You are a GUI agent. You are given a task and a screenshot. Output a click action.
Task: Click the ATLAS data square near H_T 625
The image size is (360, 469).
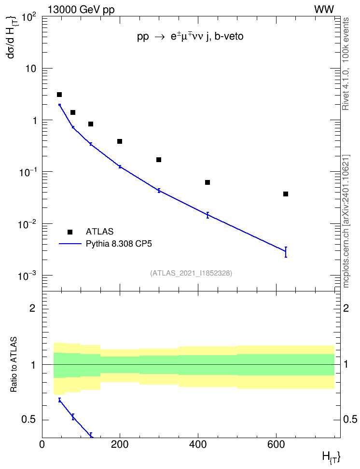(286, 194)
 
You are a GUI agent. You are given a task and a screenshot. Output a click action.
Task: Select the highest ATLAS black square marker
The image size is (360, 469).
(59, 95)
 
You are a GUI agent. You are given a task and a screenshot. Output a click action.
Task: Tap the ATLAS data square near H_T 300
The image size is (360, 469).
(159, 160)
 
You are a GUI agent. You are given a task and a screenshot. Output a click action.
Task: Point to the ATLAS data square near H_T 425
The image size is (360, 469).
(208, 182)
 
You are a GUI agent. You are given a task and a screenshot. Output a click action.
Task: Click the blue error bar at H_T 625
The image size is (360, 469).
(286, 252)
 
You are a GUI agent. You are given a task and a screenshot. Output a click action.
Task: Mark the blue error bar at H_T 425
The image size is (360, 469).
(208, 215)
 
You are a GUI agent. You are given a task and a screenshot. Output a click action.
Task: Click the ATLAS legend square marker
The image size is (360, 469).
(70, 232)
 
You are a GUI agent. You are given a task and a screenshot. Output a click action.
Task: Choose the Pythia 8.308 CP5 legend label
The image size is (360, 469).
(119, 244)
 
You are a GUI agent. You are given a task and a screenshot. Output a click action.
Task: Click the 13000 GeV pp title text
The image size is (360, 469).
(81, 10)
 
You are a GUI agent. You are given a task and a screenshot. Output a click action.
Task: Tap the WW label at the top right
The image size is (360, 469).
(324, 10)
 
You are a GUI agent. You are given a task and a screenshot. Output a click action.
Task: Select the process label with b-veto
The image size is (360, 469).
(190, 36)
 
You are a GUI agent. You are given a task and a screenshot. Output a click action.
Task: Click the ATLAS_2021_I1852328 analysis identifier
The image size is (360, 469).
(191, 273)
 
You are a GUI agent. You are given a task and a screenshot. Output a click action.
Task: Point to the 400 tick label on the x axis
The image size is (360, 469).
(198, 444)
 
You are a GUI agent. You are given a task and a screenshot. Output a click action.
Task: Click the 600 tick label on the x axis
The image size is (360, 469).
(276, 444)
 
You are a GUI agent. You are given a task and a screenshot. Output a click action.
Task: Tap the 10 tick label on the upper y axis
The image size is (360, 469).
(30, 69)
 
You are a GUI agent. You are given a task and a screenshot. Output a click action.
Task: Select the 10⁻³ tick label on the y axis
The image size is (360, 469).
(27, 275)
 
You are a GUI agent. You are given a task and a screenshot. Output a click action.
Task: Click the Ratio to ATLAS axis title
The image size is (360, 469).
(14, 364)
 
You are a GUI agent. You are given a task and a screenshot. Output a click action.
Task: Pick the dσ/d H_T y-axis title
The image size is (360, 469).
(12, 37)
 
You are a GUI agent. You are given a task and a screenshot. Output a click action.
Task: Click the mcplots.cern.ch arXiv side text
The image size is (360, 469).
(346, 221)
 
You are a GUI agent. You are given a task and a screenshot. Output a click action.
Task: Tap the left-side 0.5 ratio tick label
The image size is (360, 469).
(28, 420)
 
